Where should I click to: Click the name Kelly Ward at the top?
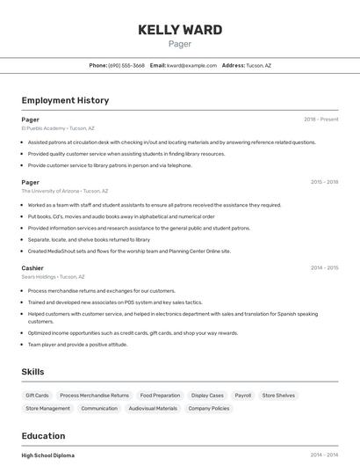(179, 30)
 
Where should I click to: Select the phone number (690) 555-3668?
(126, 65)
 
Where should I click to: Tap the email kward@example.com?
(191, 65)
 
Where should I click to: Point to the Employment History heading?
(65, 100)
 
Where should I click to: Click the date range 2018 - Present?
(320, 119)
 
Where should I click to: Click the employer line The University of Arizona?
(65, 191)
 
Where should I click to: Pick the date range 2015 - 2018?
(324, 182)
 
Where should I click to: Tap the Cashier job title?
(32, 267)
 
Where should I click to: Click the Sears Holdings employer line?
(53, 276)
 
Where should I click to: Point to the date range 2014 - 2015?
(324, 267)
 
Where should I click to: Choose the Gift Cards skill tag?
(37, 396)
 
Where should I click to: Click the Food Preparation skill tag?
(160, 396)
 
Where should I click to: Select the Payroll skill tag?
(242, 396)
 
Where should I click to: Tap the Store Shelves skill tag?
(278, 396)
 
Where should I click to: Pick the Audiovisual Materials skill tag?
(153, 408)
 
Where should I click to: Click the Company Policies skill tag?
(209, 408)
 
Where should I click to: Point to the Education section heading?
(43, 436)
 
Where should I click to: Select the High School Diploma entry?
(47, 455)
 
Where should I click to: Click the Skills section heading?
(32, 372)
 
